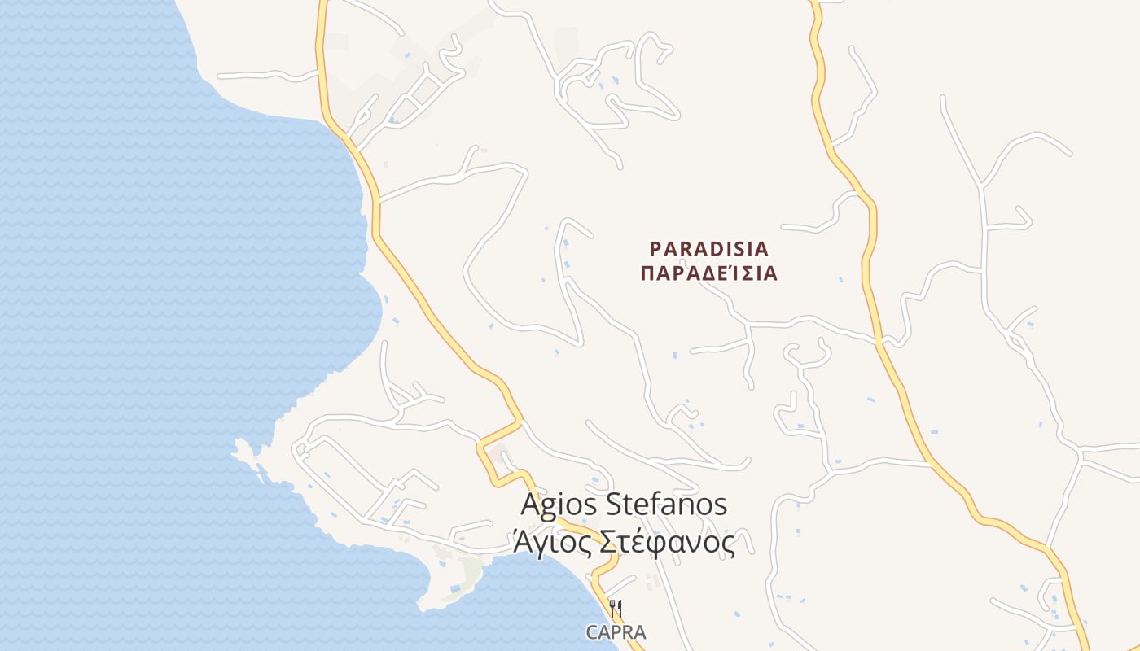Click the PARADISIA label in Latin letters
709,248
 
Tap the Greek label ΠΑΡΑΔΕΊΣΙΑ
709,273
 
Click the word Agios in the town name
559,505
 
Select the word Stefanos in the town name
667,505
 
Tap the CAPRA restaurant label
616,632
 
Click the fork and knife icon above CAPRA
616,608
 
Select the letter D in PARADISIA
710,248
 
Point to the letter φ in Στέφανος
664,544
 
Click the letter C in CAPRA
592,632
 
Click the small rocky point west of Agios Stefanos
242,447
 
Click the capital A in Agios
531,505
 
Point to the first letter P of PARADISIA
655,248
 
